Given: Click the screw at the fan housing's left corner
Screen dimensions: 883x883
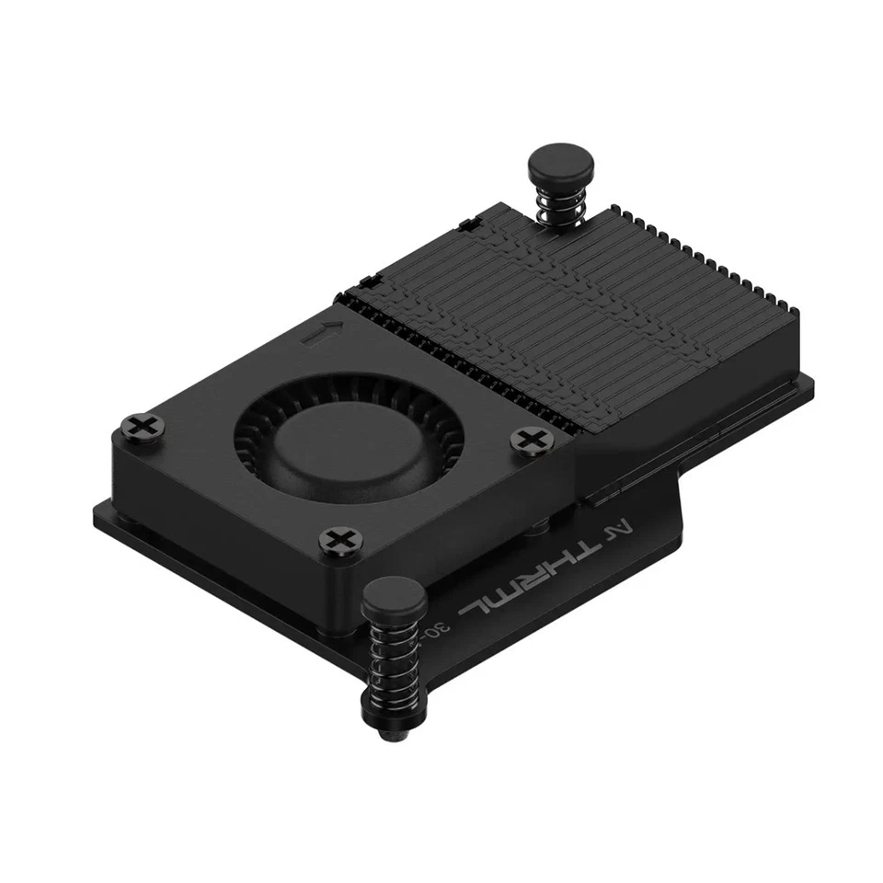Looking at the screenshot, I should pyautogui.click(x=141, y=427).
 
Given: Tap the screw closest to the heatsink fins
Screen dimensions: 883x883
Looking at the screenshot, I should pyautogui.click(x=529, y=439).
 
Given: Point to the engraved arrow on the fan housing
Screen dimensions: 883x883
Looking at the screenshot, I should pyautogui.click(x=323, y=335).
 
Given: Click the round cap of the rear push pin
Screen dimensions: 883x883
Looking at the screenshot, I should pyautogui.click(x=560, y=166).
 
